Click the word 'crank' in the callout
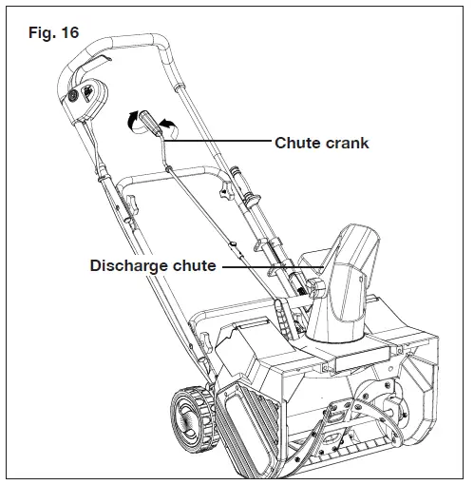point(344,144)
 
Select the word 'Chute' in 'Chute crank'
point(295,144)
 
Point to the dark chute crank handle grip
point(148,123)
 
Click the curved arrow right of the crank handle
point(168,124)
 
